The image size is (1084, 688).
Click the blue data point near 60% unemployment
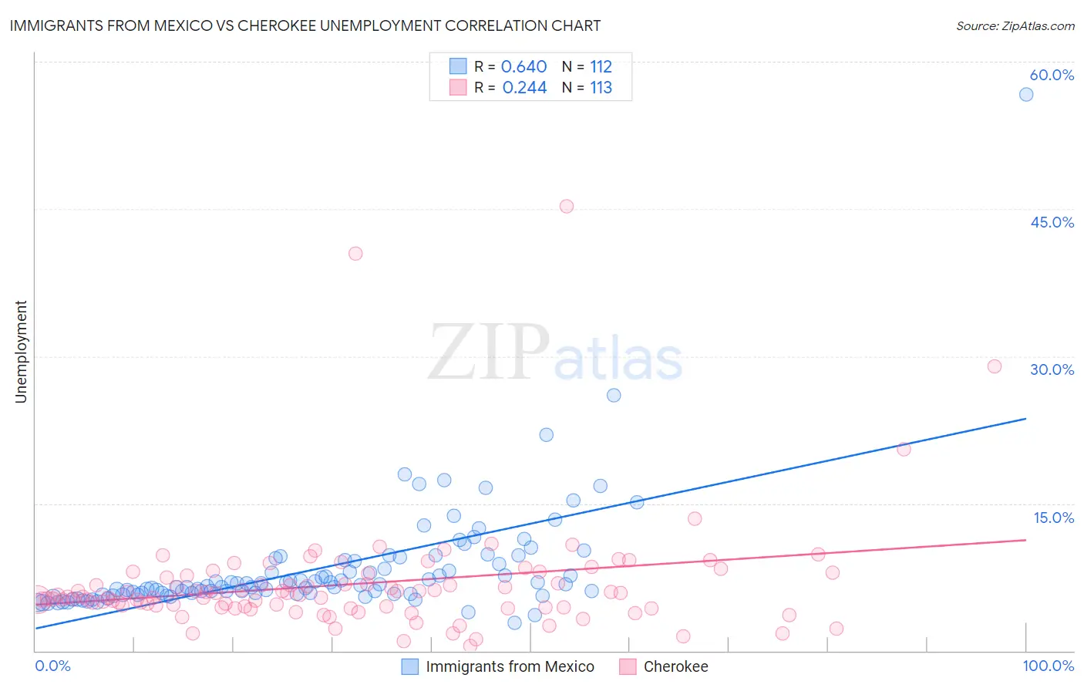click(x=1025, y=94)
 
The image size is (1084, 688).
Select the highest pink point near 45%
click(x=567, y=206)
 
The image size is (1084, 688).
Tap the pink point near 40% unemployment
click(x=355, y=253)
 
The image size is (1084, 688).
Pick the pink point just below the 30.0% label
click(x=995, y=366)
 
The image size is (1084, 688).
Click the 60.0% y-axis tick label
click(x=1052, y=75)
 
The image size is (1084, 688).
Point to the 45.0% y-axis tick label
click(x=1052, y=222)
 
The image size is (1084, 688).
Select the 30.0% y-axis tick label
click(x=1052, y=369)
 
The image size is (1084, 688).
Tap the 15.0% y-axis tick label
click(x=1053, y=518)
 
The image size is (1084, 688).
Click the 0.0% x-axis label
click(x=52, y=666)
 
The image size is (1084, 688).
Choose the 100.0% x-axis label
click(x=1048, y=666)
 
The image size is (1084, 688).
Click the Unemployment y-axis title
click(x=21, y=352)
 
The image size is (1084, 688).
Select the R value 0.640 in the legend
click(x=523, y=66)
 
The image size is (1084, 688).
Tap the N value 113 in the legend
click(x=601, y=87)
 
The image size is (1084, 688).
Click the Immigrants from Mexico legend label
click(x=510, y=666)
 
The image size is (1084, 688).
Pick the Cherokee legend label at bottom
click(x=675, y=666)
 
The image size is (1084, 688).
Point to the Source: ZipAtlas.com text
click(x=1015, y=25)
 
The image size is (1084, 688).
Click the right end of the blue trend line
click(x=1025, y=418)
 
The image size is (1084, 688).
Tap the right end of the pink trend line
click(x=1025, y=540)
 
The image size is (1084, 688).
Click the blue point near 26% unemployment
click(x=614, y=395)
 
